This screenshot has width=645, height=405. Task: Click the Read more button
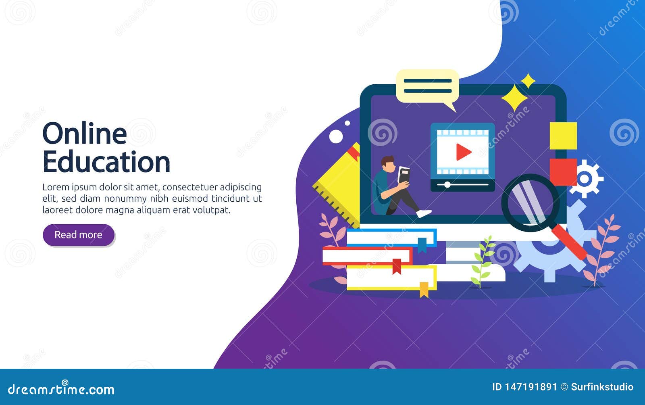[x=79, y=235]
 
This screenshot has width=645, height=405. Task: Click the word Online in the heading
[x=84, y=134]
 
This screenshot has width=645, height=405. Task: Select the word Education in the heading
[x=106, y=162]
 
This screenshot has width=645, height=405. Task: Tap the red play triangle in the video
[x=464, y=152]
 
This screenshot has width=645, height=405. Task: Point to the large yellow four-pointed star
[x=514, y=98]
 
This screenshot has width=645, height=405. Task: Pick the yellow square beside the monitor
[x=563, y=136]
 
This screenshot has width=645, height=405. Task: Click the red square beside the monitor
[x=563, y=172]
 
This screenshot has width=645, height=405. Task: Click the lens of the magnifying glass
[x=530, y=202]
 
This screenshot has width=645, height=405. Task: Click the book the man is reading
[x=404, y=175]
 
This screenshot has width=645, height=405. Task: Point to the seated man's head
[x=389, y=164]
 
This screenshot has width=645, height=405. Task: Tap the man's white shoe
[x=424, y=213]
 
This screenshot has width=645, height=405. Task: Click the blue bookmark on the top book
[x=422, y=245]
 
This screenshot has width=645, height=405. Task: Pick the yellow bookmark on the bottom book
[x=424, y=290]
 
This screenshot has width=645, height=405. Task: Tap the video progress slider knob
[x=447, y=185]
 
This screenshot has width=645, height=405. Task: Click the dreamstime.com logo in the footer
[x=61, y=388]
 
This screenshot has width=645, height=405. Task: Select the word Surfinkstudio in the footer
[x=602, y=387]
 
